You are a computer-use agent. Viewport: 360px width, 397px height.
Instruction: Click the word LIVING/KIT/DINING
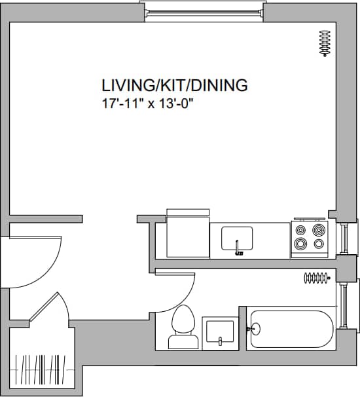pyautogui.click(x=174, y=85)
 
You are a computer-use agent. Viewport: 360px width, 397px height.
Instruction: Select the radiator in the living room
pyautogui.click(x=323, y=44)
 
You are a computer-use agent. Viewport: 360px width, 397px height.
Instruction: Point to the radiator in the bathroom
pyautogui.click(x=316, y=278)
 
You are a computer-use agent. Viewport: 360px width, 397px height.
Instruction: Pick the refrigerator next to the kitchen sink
pyautogui.click(x=188, y=236)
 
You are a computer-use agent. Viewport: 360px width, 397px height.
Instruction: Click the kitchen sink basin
pyautogui.click(x=237, y=236)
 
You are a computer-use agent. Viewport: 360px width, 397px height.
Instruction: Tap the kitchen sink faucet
pyautogui.click(x=238, y=248)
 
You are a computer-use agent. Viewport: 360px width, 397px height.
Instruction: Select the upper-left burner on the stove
pyautogui.click(x=300, y=230)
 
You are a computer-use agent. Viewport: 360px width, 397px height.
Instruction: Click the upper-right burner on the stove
pyautogui.click(x=319, y=230)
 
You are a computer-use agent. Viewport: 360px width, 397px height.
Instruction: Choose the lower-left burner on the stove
pyautogui.click(x=300, y=244)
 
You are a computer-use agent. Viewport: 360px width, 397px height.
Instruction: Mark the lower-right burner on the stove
pyautogui.click(x=319, y=244)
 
